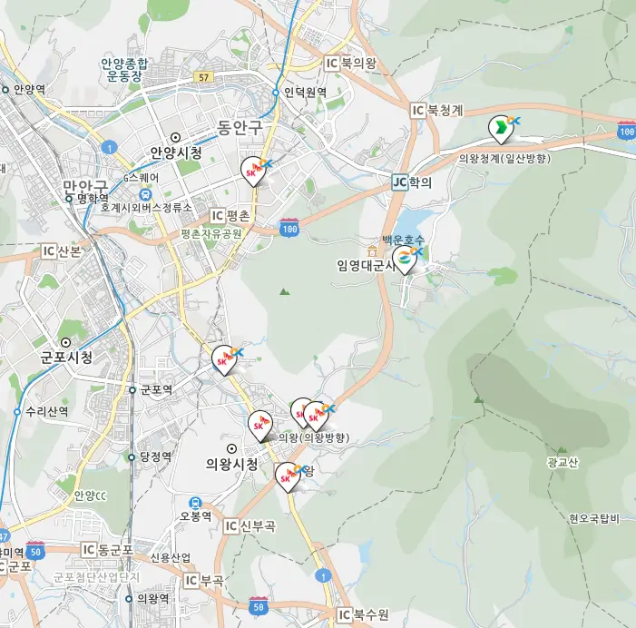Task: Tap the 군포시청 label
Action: click(66, 357)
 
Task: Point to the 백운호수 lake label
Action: click(404, 240)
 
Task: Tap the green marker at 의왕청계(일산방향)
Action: click(499, 130)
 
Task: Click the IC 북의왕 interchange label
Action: click(351, 63)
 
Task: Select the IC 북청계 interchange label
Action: click(437, 110)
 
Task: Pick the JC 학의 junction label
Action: click(412, 182)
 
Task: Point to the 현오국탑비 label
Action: click(594, 518)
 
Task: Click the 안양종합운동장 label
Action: click(125, 70)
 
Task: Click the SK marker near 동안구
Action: click(255, 170)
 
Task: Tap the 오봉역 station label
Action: click(195, 515)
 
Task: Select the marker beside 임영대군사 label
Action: click(405, 260)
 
